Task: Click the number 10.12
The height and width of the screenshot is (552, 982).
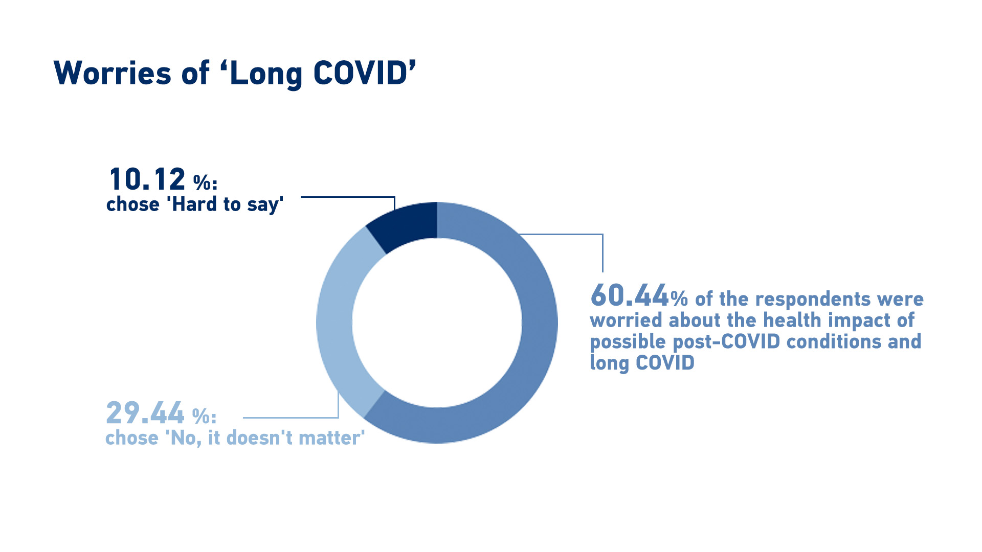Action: (147, 179)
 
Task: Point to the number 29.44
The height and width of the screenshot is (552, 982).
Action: (145, 413)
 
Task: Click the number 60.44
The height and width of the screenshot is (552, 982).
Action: (630, 295)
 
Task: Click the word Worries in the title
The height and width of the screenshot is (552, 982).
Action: (112, 73)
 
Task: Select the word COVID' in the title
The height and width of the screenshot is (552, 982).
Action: (364, 73)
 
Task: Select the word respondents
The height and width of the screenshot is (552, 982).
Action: (813, 299)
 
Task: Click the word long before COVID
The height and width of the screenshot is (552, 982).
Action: (609, 363)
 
